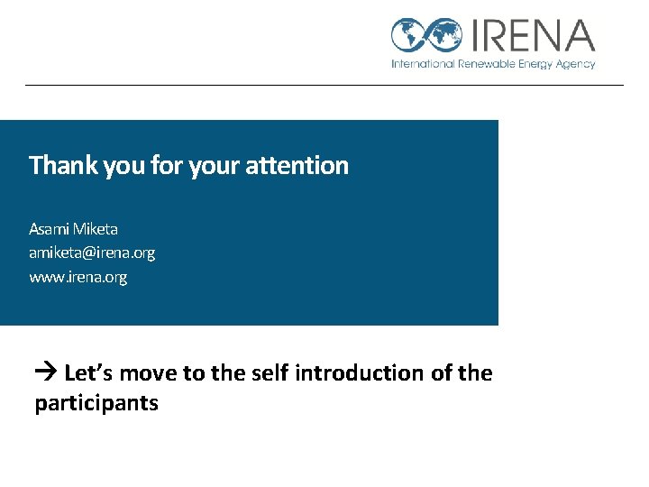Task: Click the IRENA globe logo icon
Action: [x=426, y=35]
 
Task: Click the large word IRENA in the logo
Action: [x=531, y=35]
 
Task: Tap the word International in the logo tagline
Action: [x=422, y=64]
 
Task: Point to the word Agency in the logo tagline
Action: [x=575, y=64]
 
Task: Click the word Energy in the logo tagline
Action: [x=535, y=64]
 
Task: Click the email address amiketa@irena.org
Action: [x=91, y=253]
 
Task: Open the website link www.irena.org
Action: [x=78, y=278]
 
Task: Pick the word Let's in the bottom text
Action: [x=89, y=372]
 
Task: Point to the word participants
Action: [x=96, y=404]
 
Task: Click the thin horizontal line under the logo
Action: [x=324, y=86]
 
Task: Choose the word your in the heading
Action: [x=213, y=166]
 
